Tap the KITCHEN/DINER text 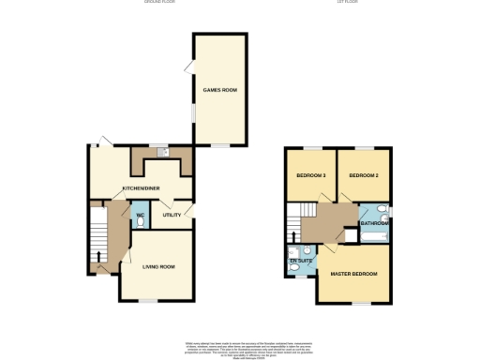point(141,187)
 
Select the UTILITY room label point(172,216)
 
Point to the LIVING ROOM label point(158,267)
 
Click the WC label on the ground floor point(140,215)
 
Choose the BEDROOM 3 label point(310,176)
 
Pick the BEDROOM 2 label point(363,176)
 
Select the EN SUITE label point(300,261)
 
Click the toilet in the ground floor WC point(140,224)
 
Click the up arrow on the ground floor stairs point(97,255)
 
